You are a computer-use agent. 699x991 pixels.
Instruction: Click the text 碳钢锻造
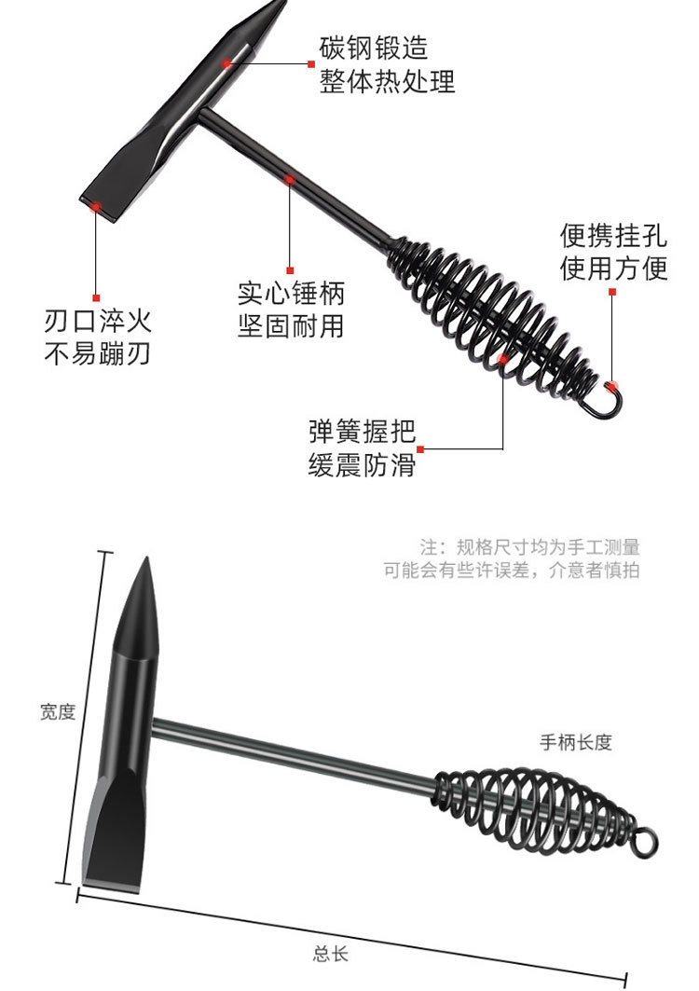[x=374, y=48]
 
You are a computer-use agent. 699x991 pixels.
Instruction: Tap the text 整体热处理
[x=387, y=81]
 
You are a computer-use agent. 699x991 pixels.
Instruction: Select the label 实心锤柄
[x=291, y=295]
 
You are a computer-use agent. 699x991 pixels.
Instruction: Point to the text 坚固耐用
[x=291, y=327]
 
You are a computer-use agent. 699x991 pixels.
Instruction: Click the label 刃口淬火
[x=98, y=323]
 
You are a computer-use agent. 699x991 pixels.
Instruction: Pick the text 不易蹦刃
[x=98, y=355]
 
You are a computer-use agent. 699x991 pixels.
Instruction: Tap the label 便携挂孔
[x=613, y=233]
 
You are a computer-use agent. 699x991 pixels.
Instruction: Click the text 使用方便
[x=613, y=268]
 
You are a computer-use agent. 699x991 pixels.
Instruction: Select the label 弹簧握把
[x=362, y=433]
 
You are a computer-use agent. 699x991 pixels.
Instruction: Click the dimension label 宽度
[x=57, y=712]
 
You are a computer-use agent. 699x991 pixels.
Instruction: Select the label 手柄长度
[x=576, y=742]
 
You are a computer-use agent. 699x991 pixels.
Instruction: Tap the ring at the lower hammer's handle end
[x=646, y=840]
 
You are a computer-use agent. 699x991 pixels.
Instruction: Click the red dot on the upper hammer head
[x=226, y=63]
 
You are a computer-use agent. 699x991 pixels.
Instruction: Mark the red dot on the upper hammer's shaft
[x=290, y=178]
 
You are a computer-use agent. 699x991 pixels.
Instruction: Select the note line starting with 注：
[x=529, y=547]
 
